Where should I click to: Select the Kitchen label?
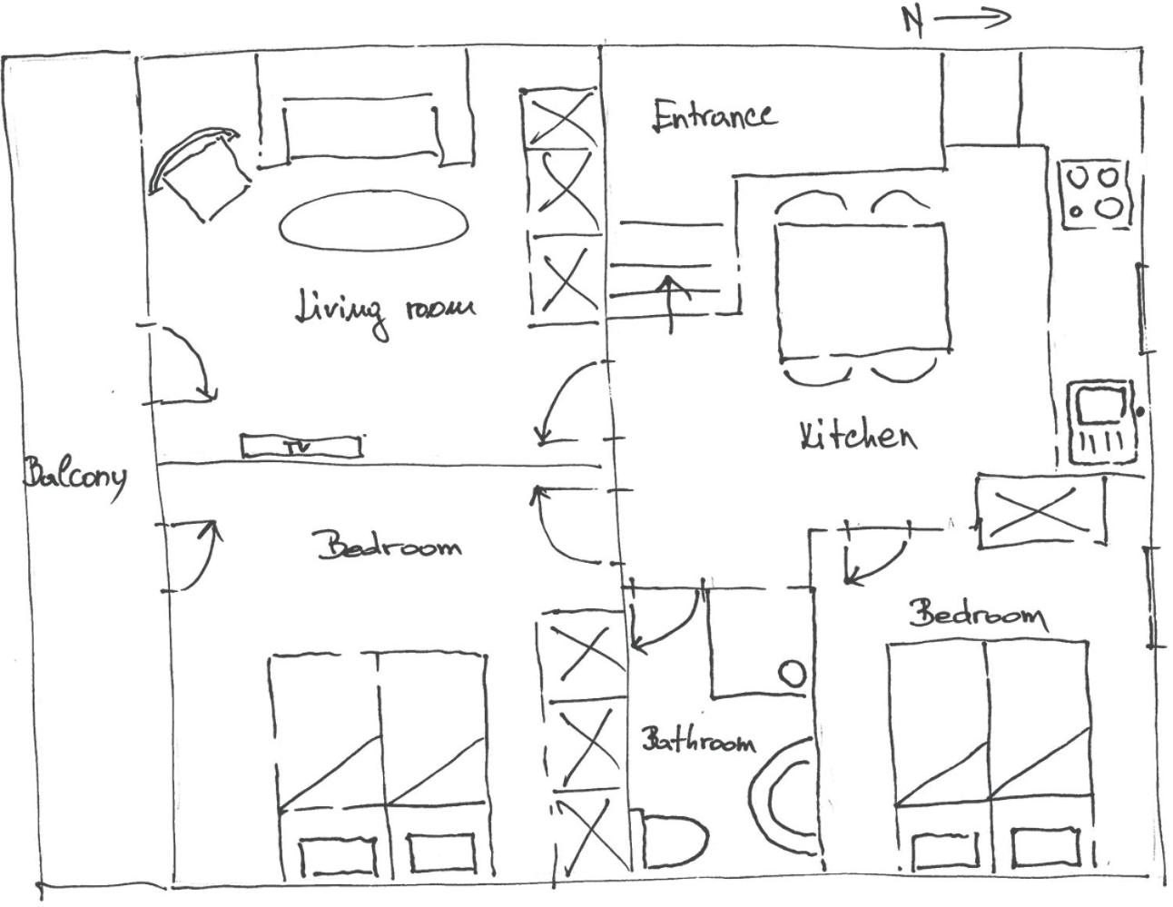858,436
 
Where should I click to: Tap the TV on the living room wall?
301,446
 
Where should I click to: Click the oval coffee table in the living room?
373,220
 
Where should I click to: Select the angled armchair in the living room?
200,173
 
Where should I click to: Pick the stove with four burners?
1095,195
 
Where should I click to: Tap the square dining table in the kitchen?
862,291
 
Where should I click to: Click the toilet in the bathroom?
673,838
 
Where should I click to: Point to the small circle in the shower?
793,674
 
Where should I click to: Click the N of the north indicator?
912,23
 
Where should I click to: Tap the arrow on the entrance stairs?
670,305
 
